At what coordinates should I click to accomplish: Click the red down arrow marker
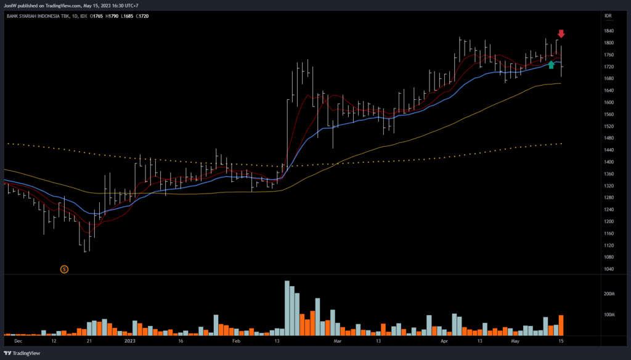561,33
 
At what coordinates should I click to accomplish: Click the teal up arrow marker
551,64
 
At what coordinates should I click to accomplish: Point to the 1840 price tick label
609,31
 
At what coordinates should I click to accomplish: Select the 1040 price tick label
609,269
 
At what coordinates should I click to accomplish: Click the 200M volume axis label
609,294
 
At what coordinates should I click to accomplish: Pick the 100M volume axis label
609,315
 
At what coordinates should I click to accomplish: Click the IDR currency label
608,15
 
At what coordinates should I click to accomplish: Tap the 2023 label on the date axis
129,340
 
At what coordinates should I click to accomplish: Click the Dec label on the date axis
18,340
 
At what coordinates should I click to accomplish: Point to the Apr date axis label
444,340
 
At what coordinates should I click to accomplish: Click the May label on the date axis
516,340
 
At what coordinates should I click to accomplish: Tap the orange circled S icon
64,269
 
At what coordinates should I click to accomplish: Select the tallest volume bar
287,308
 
